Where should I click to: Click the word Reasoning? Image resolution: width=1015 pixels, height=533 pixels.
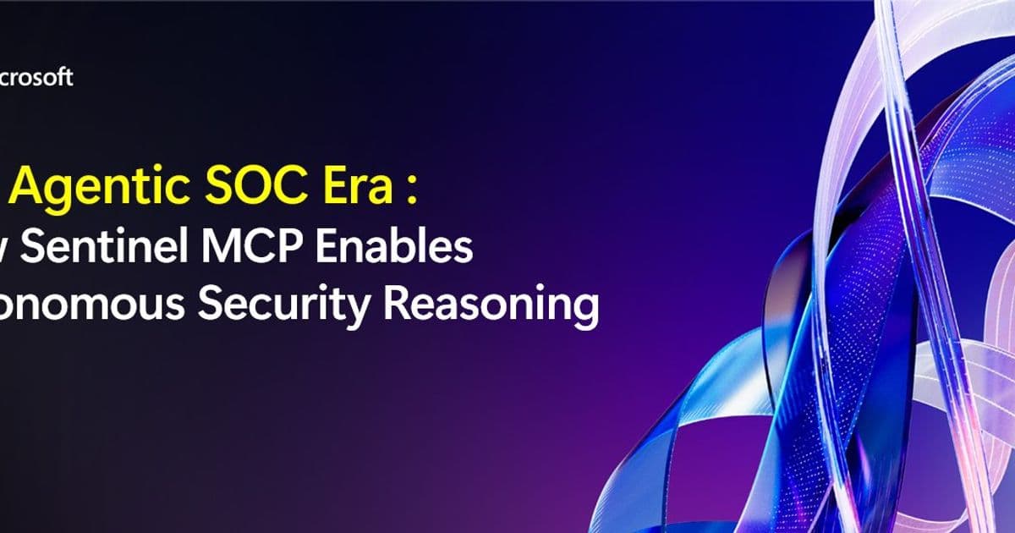(x=491, y=306)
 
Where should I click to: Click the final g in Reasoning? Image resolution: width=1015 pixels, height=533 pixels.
(x=584, y=311)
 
